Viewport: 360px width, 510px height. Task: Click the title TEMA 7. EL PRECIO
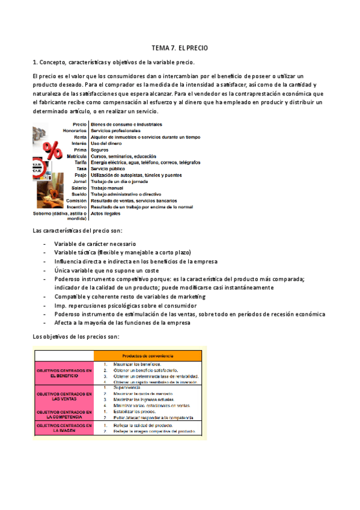tap(180, 48)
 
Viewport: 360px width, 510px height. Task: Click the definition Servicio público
tap(113, 169)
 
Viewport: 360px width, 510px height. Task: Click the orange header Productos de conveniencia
tap(148, 354)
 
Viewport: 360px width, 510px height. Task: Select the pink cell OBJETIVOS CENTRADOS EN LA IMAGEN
tap(64, 428)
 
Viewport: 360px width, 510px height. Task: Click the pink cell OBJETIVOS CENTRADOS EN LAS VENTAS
tap(64, 396)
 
